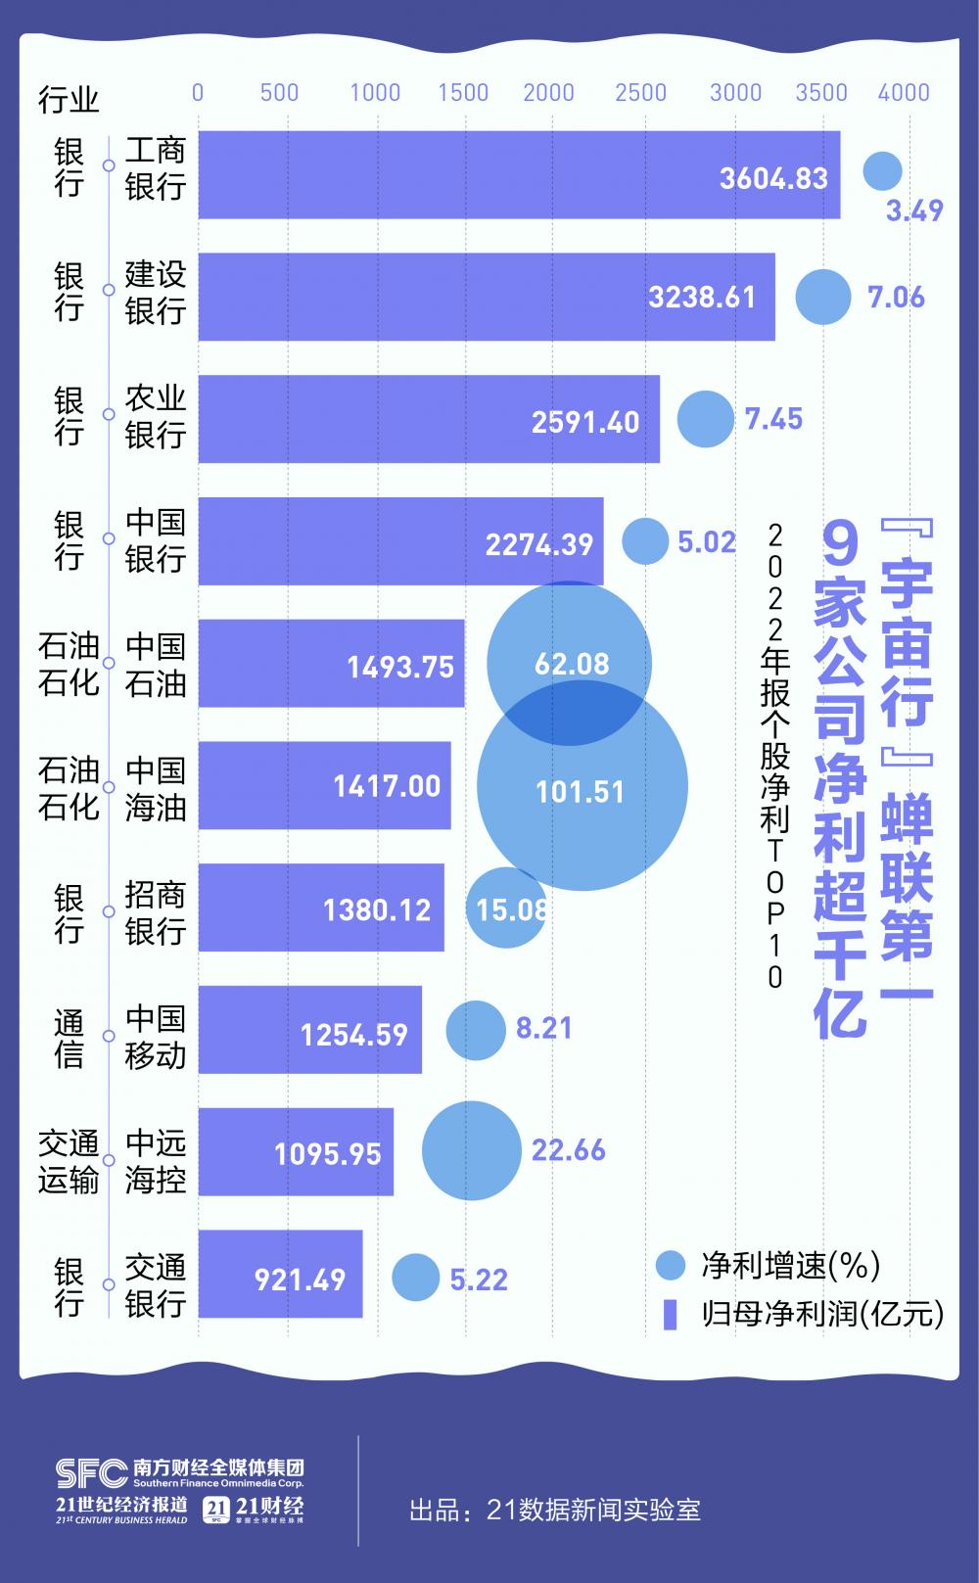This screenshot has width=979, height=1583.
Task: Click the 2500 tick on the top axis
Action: pos(640,92)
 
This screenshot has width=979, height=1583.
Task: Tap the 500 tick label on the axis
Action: pos(280,92)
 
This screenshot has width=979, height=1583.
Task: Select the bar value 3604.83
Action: pos(773,178)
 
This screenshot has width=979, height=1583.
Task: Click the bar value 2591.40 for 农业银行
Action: pos(585,422)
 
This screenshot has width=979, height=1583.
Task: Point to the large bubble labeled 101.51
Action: pos(582,785)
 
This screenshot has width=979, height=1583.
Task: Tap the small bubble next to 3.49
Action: pos(882,171)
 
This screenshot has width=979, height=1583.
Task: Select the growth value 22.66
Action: pos(569,1149)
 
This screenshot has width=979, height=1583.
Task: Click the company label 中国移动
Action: pos(156,1036)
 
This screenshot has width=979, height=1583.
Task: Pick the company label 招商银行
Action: pos(156,912)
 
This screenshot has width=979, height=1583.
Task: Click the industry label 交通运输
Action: pos(69,1161)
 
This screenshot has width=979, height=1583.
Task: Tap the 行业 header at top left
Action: pos(69,99)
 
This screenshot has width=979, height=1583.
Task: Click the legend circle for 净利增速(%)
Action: pos(671,1265)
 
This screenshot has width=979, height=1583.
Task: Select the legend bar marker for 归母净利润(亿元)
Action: pos(671,1314)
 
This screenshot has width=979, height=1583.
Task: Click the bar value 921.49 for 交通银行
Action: pos(301,1280)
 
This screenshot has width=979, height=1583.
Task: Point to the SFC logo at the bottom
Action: pos(89,1472)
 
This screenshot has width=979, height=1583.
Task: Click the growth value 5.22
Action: pos(479,1280)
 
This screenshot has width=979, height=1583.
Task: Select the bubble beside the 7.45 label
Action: pos(705,419)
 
